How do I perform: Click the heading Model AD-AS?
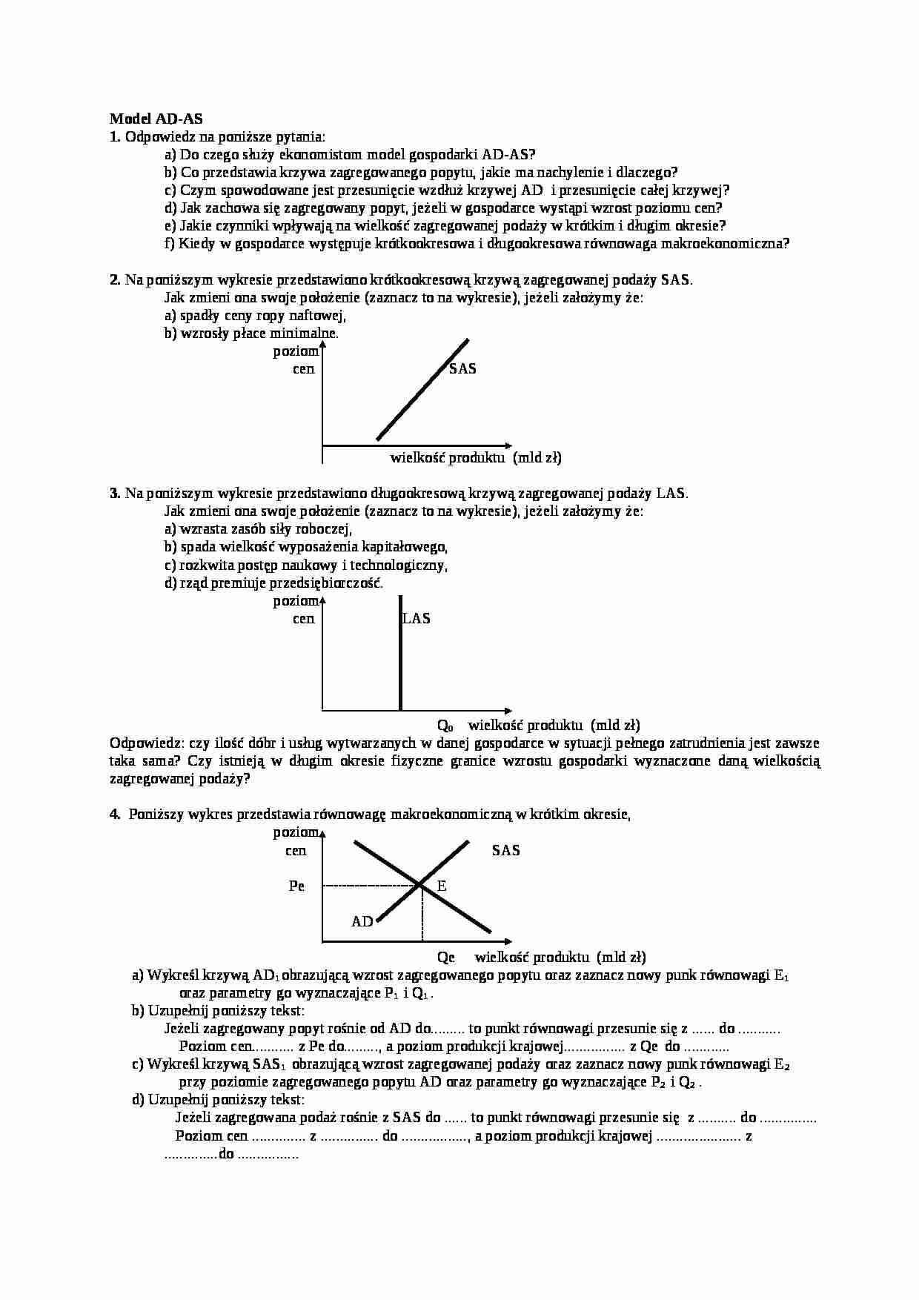tap(156, 119)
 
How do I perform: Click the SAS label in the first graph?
tap(462, 368)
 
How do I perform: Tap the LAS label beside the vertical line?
tap(417, 618)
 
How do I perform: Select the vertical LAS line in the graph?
tap(400, 667)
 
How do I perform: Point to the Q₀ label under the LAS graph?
tap(445, 725)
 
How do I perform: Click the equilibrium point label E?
tap(442, 886)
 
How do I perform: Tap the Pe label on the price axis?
tap(296, 886)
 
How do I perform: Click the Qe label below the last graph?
tap(445, 957)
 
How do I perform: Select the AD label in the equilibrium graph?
tap(362, 921)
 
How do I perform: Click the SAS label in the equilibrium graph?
tap(506, 850)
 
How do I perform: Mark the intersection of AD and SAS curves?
tap(420, 884)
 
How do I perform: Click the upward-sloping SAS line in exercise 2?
tap(422, 389)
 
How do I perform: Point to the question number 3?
tap(114, 493)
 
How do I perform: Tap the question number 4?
tap(114, 815)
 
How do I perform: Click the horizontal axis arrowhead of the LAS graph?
tap(508, 709)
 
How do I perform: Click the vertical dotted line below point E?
tap(422, 913)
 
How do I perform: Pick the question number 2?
tap(114, 279)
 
